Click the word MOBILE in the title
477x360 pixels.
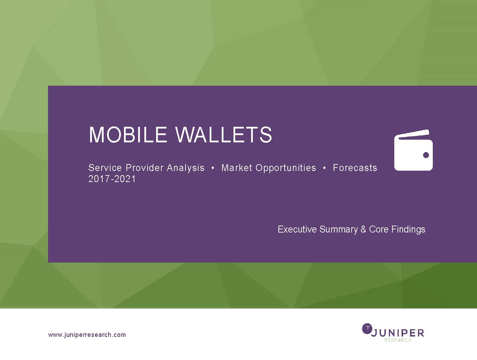tap(128, 135)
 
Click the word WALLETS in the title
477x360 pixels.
tap(223, 135)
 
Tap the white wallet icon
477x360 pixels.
tap(413, 150)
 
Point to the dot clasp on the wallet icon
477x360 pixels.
tap(426, 155)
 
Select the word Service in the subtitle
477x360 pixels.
tap(105, 168)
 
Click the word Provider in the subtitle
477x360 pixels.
tap(144, 168)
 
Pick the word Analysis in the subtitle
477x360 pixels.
tap(185, 168)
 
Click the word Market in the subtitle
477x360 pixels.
tap(237, 168)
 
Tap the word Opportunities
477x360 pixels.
tap(286, 168)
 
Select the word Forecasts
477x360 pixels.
tap(355, 168)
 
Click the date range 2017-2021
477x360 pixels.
tap(112, 179)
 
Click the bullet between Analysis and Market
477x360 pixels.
tap(213, 168)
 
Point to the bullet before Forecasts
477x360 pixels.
tap(324, 168)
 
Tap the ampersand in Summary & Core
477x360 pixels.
tap(363, 229)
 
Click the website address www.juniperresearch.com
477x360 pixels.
tap(87, 335)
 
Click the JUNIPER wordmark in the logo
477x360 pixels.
tap(398, 333)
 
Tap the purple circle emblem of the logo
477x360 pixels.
tap(367, 329)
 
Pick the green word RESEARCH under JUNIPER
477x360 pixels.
tap(398, 340)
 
